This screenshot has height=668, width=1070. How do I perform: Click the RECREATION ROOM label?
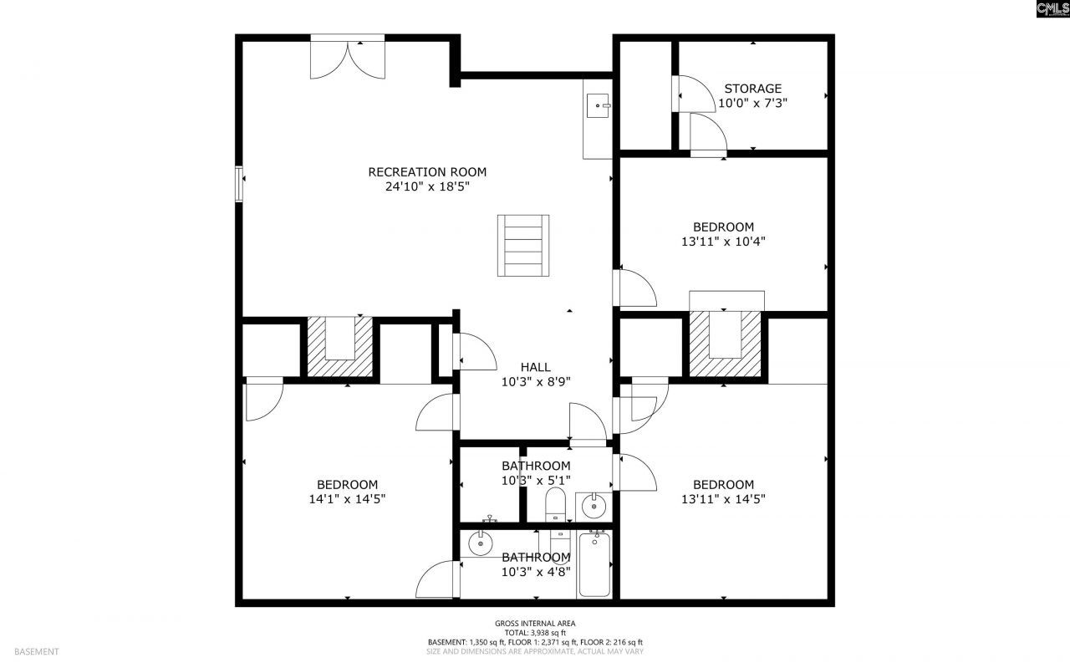point(427,172)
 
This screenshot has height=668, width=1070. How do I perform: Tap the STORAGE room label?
point(753,89)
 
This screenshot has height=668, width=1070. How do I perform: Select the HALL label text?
point(536,367)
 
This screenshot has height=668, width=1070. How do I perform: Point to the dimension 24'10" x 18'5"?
point(427,186)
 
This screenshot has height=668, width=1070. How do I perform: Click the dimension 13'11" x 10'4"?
point(723,242)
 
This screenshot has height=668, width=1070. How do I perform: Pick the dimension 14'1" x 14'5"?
point(347,499)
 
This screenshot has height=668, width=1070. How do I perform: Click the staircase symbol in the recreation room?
point(523,246)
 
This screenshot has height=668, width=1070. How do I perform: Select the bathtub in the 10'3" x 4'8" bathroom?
point(594,564)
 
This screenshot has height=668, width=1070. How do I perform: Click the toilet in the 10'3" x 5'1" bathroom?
point(555,505)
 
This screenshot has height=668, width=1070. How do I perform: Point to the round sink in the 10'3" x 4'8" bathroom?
point(480,543)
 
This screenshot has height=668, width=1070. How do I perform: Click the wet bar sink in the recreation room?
point(598,105)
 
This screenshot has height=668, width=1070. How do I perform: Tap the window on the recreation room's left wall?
point(239,184)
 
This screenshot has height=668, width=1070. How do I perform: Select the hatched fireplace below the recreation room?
point(339,346)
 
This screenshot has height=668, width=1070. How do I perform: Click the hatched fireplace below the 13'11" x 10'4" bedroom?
point(725,343)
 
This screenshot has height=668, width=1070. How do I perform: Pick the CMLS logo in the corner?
point(1052,8)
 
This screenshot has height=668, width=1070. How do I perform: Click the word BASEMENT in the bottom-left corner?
point(36,651)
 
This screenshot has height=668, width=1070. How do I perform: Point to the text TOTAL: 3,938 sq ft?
point(535,633)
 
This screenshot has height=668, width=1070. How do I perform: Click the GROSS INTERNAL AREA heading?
point(535,623)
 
